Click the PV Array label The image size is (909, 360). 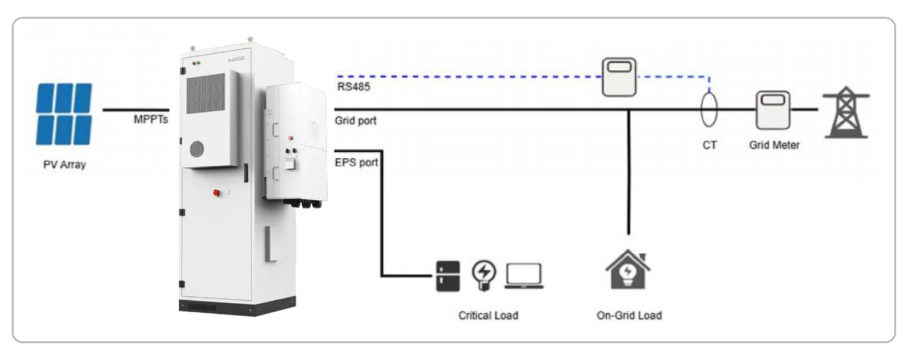pos(65,165)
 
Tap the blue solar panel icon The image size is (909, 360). pos(64,114)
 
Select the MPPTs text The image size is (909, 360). pos(151,119)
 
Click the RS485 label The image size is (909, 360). pos(353,86)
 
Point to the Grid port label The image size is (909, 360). pos(356,120)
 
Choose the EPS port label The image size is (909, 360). pos(356,162)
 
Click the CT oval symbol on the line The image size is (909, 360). pos(709,110)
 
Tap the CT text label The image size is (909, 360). pos(710,145)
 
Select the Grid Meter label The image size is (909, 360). pos(774,145)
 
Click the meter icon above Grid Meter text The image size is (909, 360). pos(773,110)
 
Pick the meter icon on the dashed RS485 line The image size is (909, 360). pos(619,77)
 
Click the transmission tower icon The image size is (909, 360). pos(846,112)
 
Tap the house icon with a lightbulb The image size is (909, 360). pos(628,269)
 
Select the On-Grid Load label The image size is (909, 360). pos(629,315)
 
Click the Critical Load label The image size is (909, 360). pos(488,315)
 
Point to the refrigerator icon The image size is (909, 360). pos(448,276)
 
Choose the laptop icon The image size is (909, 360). pos(524,276)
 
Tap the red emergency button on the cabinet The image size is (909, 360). pos(216,192)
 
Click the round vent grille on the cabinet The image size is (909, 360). pos(197,149)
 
